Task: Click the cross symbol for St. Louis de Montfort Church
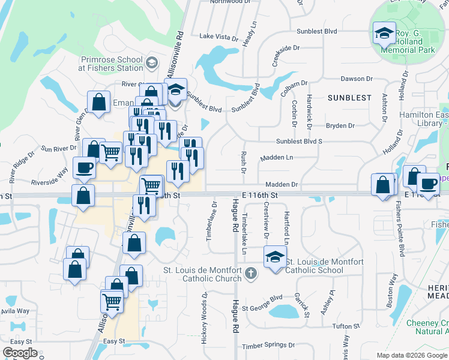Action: [250, 275]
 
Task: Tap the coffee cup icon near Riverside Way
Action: [83, 168]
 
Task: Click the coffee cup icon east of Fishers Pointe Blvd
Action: [427, 184]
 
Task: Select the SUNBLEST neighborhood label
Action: [349, 96]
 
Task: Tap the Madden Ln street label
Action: [276, 157]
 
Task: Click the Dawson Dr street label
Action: [352, 79]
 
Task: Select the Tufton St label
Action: [346, 326]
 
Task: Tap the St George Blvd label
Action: [262, 298]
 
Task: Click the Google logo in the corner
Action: [20, 353]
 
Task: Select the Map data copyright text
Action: [412, 355]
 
